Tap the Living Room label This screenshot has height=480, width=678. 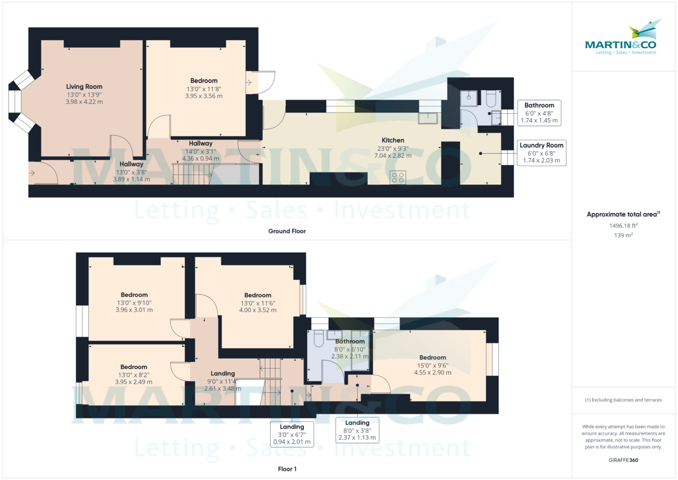point(84,87)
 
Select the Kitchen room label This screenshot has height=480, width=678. point(393,140)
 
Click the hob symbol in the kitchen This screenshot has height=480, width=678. point(397,178)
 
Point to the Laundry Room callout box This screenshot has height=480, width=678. point(541,153)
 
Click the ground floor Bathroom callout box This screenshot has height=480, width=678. point(539,113)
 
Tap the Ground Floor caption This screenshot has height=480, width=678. point(287,231)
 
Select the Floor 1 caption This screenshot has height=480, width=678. point(287,469)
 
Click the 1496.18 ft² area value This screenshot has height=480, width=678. point(623,226)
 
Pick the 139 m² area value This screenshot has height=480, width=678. point(623,235)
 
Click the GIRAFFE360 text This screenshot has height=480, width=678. point(623,460)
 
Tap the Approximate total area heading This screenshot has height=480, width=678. point(623,214)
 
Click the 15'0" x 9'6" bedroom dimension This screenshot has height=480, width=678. point(433,365)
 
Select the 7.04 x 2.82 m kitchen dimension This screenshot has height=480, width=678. point(393,155)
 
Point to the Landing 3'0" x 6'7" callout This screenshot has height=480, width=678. point(292,434)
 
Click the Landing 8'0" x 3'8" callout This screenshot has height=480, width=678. point(357,430)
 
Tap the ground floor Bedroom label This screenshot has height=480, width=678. point(204,81)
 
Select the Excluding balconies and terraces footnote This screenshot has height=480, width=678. point(623,400)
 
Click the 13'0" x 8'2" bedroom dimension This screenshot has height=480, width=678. point(134,374)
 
